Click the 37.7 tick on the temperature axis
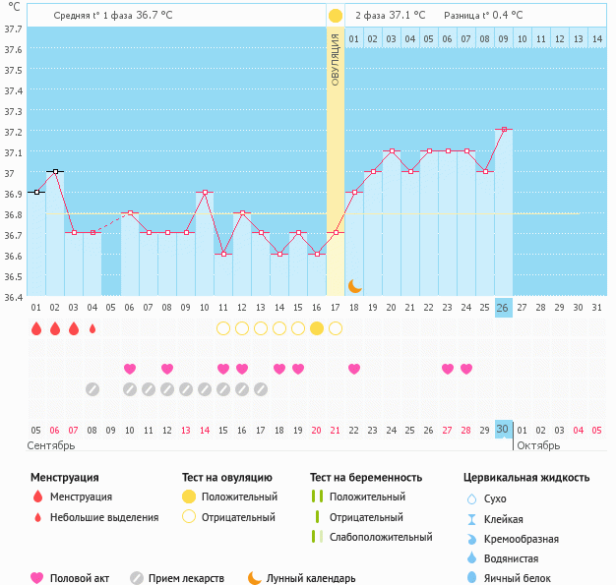tap(14, 29)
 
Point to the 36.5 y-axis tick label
tap(14, 276)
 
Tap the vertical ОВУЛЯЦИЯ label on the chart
tap(336, 59)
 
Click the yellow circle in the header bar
tap(336, 16)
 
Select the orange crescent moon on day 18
tap(355, 286)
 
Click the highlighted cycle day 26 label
tap(504, 308)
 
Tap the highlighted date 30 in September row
tap(504, 430)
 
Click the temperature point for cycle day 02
tap(55, 171)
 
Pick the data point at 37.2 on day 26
tap(504, 129)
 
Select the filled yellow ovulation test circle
tap(317, 328)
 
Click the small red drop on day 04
tap(92, 328)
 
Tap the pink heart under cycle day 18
tap(354, 369)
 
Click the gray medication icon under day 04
tap(92, 389)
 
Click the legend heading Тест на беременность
tap(366, 478)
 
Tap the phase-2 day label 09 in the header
tap(503, 39)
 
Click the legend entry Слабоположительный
tap(381, 537)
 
